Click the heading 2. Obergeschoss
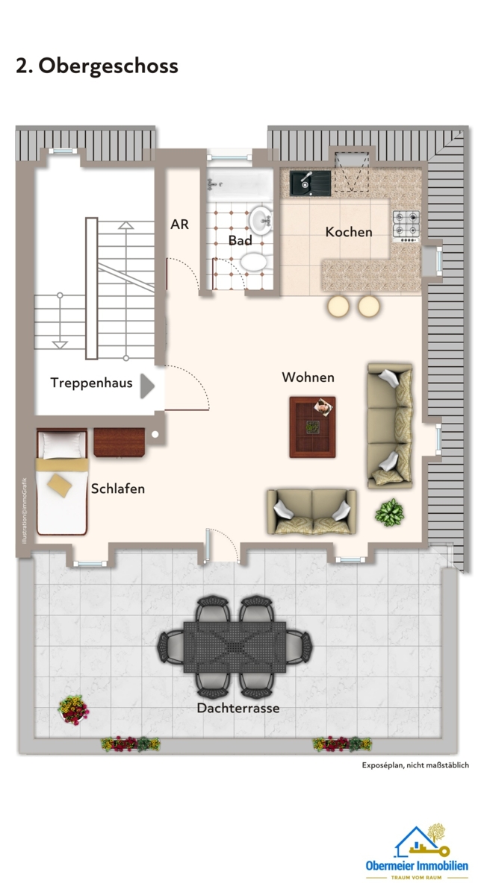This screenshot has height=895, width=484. coord(97,66)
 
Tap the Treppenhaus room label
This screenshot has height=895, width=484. coord(91,383)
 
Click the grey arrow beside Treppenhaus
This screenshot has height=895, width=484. coord(147,386)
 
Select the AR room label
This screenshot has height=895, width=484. coord(180,224)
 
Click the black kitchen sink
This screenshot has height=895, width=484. coord(306,180)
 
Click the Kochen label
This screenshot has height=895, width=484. coord(348,232)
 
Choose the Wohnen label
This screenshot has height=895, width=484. coord(308,377)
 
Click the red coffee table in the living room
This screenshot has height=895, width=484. coord(312,427)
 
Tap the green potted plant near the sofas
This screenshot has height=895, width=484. coord(390,512)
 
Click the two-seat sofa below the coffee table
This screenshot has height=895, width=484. coord(311,512)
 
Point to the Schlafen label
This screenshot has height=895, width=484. coord(118,489)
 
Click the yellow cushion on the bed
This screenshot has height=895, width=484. coord(60,486)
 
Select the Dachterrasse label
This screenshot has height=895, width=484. coord(238,708)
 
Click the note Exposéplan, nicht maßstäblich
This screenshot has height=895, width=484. coord(415,765)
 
